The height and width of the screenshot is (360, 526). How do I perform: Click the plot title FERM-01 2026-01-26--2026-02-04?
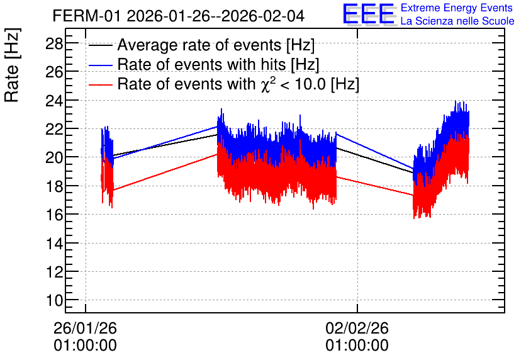click(x=179, y=16)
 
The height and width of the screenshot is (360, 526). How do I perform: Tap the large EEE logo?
click(x=369, y=14)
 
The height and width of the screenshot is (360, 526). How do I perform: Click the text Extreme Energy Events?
click(x=457, y=8)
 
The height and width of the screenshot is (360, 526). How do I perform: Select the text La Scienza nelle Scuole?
click(x=457, y=21)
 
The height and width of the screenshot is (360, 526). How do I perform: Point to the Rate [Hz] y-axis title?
click(x=13, y=65)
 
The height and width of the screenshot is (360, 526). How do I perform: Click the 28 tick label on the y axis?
click(x=54, y=43)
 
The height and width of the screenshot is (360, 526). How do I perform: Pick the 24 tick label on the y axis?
click(x=54, y=101)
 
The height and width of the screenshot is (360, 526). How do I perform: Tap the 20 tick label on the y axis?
click(x=54, y=157)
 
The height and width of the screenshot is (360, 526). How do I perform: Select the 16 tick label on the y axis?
click(x=54, y=215)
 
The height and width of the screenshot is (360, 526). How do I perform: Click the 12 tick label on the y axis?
click(x=54, y=272)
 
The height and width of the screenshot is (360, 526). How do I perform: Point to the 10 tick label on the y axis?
click(x=54, y=300)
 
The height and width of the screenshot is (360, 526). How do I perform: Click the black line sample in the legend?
click(x=101, y=45)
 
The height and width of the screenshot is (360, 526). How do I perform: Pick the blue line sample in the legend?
click(x=101, y=65)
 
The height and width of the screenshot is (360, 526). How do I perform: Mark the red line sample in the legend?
click(x=101, y=84)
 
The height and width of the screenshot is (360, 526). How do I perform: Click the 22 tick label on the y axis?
click(x=54, y=129)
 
